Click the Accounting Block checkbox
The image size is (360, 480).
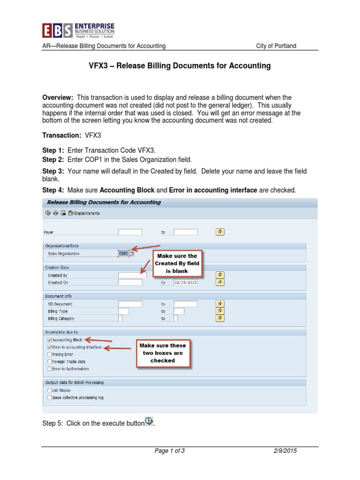pos(50,340)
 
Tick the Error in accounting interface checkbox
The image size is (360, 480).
pos(50,347)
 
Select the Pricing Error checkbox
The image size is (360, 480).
pos(50,354)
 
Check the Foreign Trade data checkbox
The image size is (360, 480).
pos(50,362)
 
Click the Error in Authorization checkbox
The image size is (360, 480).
pos(50,369)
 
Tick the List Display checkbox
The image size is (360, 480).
pos(50,390)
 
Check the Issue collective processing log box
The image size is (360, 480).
pos(50,397)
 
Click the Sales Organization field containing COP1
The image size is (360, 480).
pos(124,254)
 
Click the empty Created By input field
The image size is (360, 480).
pos(130,275)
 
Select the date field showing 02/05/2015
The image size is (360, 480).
pos(186,283)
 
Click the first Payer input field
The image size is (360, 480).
pos(130,232)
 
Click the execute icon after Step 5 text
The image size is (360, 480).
pos(149,421)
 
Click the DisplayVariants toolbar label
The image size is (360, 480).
pos(86,213)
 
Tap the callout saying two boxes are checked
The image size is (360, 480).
pos(162,353)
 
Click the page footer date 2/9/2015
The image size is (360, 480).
pos(285,451)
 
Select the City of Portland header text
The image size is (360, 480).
pos(276,46)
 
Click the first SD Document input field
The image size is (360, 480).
pos(130,304)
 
